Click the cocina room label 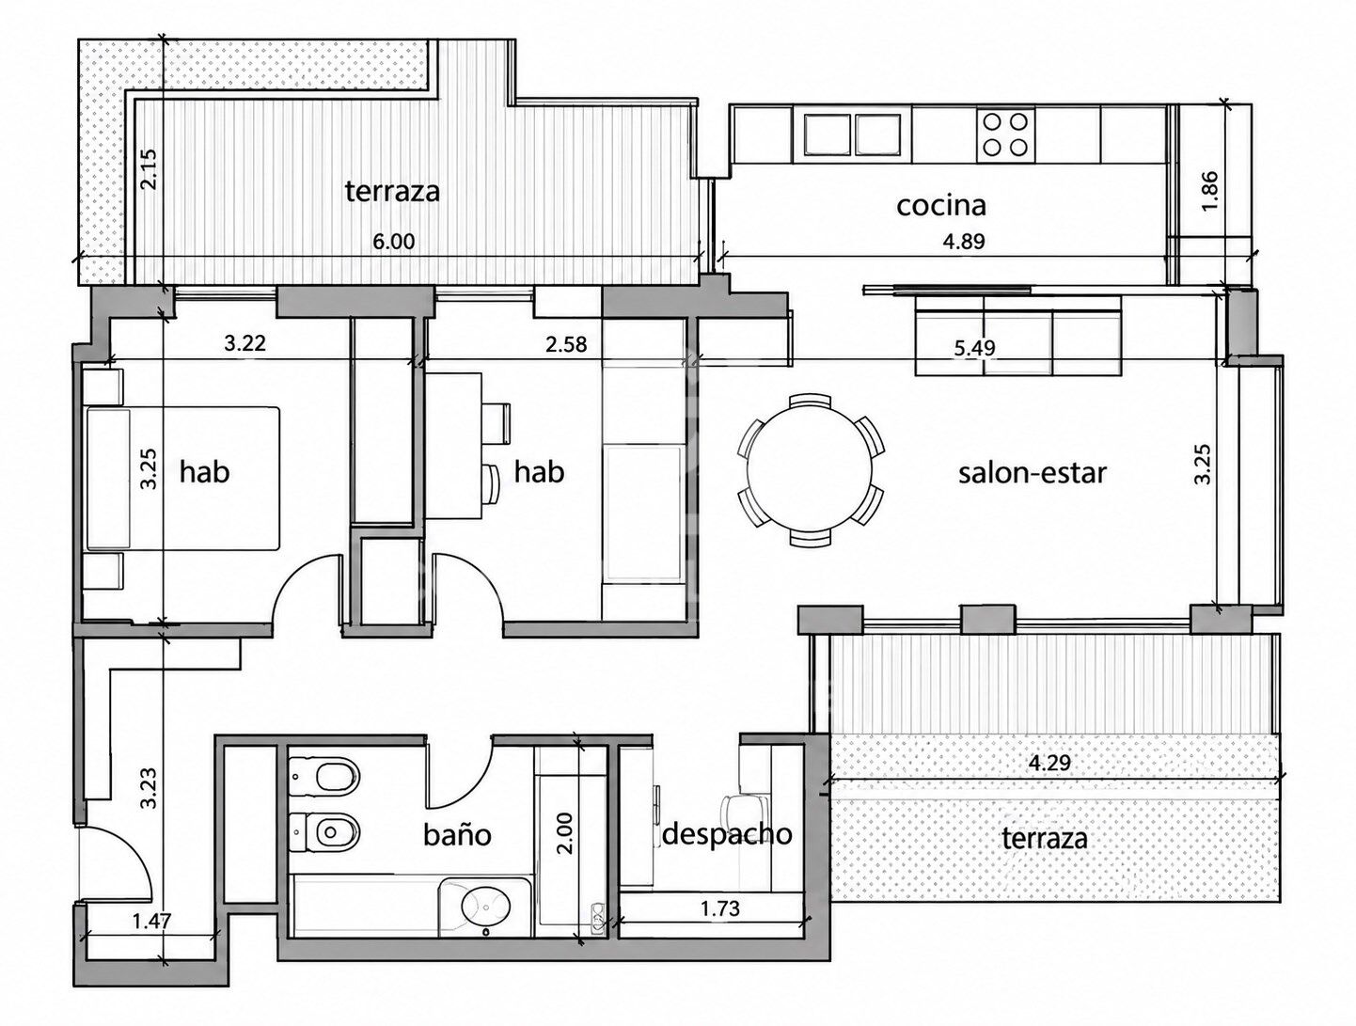(941, 206)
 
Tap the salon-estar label (1033, 473)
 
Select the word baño (457, 834)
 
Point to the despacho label (727, 835)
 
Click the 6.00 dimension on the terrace (393, 241)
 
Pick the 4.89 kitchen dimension (964, 241)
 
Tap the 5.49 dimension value (974, 348)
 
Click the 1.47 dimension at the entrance (151, 922)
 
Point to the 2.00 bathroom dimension (564, 832)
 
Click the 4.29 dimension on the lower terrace (1049, 763)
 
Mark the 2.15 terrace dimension (149, 169)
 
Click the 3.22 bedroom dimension (244, 342)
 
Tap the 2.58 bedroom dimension (566, 343)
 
